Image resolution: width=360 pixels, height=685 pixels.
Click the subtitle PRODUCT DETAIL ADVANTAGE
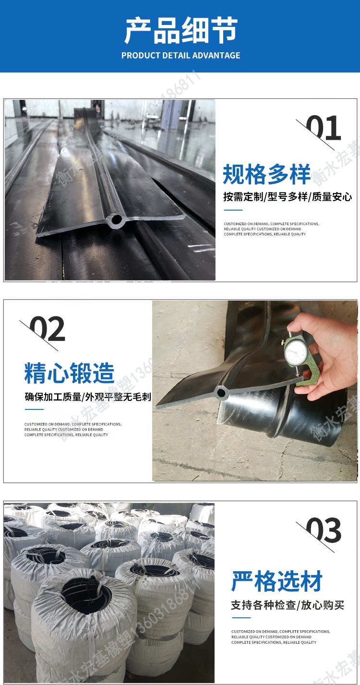[180, 55]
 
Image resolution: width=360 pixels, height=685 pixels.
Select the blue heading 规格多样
[267, 175]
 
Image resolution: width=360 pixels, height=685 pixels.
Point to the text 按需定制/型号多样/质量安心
[288, 197]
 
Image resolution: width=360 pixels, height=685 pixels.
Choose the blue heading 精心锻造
[70, 373]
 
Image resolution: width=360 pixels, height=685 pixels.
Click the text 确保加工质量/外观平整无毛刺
[88, 397]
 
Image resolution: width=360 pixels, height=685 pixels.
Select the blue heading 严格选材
[277, 581]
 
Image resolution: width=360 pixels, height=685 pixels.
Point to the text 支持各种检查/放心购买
[288, 605]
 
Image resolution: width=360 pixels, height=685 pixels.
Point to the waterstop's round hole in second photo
[221, 392]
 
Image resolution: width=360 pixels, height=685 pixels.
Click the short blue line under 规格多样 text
[233, 210]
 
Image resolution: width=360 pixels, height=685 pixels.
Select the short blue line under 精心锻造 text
[34, 409]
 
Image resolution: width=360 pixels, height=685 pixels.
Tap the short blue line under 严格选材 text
[241, 617]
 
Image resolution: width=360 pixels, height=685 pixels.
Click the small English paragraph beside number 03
[280, 637]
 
